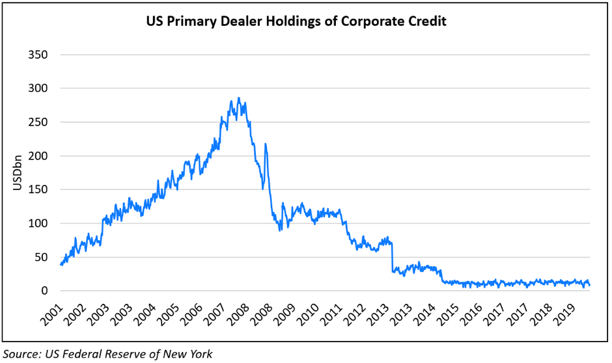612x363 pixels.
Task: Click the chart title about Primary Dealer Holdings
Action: click(x=296, y=21)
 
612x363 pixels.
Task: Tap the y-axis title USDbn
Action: click(x=18, y=172)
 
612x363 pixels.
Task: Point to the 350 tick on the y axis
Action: click(x=38, y=54)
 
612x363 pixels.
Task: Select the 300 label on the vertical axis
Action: click(x=38, y=88)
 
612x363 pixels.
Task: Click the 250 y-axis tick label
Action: click(x=38, y=122)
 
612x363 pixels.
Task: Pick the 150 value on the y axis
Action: click(x=38, y=189)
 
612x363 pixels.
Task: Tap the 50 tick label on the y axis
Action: click(x=40, y=257)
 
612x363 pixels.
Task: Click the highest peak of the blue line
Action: click(x=239, y=98)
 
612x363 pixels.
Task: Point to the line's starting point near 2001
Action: click(x=61, y=264)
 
